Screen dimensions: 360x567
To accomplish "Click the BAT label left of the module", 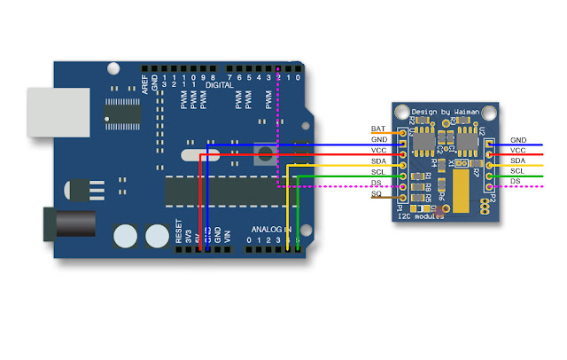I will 377,129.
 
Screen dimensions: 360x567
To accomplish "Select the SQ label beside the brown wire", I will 377,194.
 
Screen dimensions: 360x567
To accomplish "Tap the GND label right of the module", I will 518,140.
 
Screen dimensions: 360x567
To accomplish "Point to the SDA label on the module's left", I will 378,161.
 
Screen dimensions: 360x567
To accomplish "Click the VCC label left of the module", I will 378,151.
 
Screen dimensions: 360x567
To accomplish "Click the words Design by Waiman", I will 445,112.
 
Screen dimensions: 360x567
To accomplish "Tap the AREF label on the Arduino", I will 145,84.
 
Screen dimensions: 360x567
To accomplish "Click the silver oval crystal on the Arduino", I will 197,157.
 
